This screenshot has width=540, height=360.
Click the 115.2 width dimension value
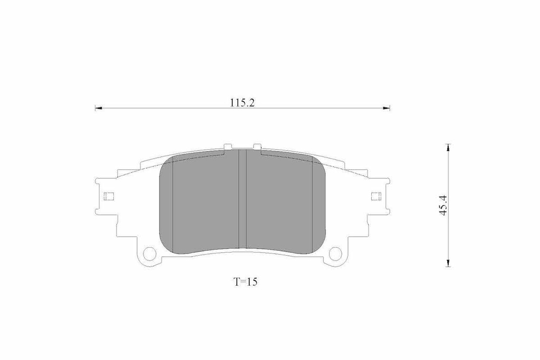point(243,103)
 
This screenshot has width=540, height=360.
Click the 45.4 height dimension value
point(443,206)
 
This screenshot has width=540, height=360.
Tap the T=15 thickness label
point(246,282)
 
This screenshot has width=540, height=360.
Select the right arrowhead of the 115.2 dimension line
point(387,109)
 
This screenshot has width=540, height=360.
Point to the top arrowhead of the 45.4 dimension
point(448,147)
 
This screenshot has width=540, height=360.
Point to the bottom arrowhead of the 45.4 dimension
point(448,263)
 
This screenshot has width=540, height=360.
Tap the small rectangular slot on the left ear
point(109,196)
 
